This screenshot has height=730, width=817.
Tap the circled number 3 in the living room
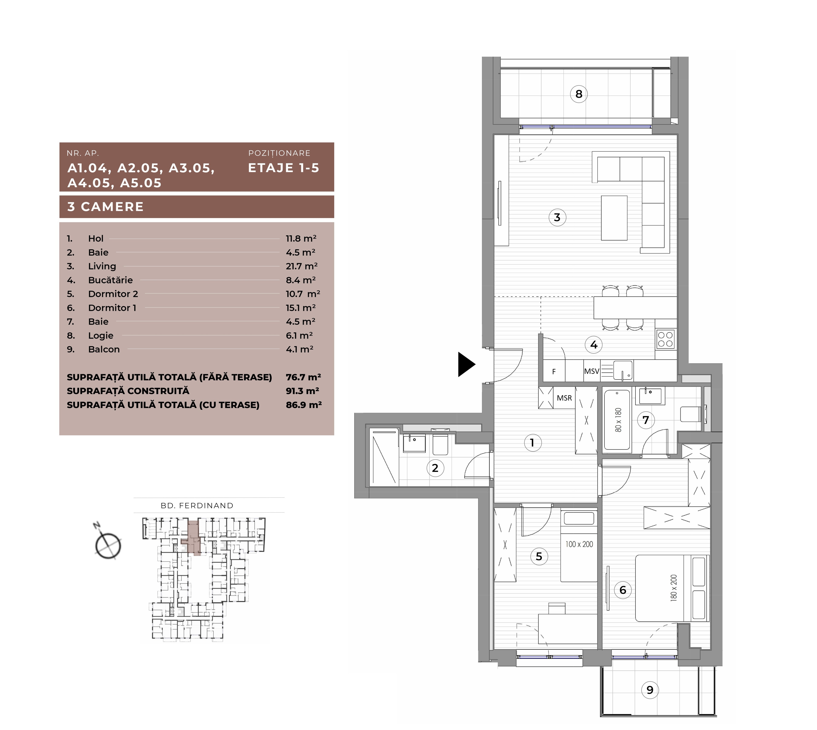[x=557, y=217]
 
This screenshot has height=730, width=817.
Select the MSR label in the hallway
[x=564, y=398]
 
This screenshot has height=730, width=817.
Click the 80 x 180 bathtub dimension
[x=618, y=420]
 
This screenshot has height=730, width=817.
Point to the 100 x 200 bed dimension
[x=579, y=544]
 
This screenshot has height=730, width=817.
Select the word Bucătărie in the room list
[x=110, y=280]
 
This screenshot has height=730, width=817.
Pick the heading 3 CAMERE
[x=105, y=207]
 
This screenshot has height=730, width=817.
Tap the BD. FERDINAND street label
[x=197, y=505]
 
